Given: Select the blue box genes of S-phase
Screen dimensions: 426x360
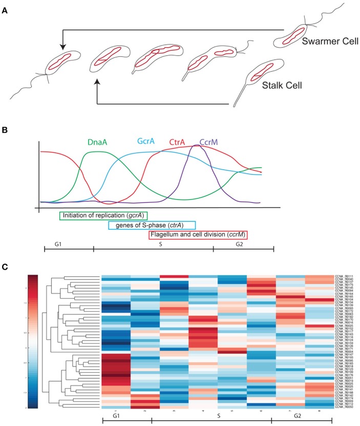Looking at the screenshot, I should tap(153, 226).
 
